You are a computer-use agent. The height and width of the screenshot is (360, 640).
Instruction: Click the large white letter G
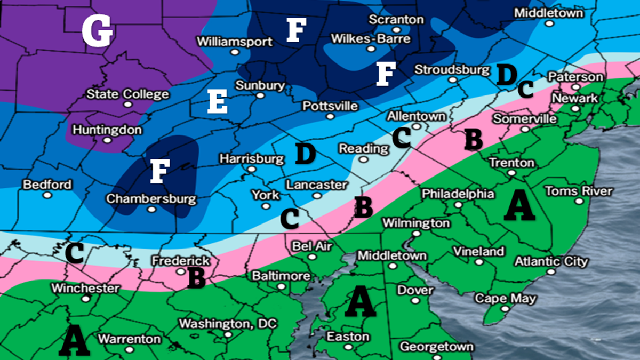tap(97, 30)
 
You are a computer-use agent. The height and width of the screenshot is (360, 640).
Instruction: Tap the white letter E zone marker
tap(218, 101)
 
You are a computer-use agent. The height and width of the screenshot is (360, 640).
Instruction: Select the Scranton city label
tap(397, 20)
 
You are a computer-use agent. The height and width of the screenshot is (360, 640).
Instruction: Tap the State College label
tap(128, 94)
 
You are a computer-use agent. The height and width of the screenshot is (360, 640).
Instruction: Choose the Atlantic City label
tap(551, 261)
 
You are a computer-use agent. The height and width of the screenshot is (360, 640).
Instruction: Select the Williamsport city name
tap(235, 42)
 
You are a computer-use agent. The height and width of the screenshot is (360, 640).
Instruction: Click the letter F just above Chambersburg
tap(157, 172)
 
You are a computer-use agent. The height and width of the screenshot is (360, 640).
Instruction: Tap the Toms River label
tap(579, 191)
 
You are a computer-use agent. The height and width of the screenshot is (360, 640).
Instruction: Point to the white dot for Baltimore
tap(281, 286)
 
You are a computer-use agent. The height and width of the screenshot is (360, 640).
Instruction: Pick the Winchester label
tap(85, 288)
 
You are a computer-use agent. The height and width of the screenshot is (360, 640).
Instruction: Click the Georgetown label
tap(436, 347)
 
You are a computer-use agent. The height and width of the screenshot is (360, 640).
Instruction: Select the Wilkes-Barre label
tap(371, 39)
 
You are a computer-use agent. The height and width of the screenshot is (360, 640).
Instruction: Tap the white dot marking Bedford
tap(47, 195)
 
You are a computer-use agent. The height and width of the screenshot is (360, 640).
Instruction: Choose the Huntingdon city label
tap(107, 130)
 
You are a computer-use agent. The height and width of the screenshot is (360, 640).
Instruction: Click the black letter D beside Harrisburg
tap(305, 154)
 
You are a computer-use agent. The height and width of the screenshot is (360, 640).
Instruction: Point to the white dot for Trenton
tap(511, 173)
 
